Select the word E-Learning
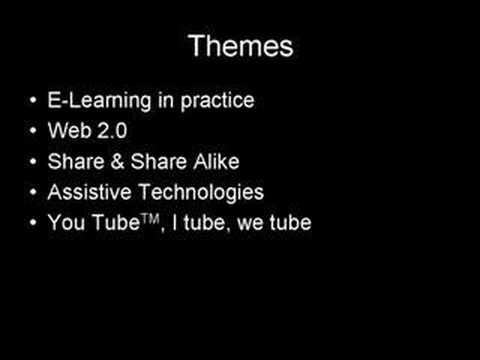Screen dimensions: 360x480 click(91, 102)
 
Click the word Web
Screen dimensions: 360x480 click(66, 132)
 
